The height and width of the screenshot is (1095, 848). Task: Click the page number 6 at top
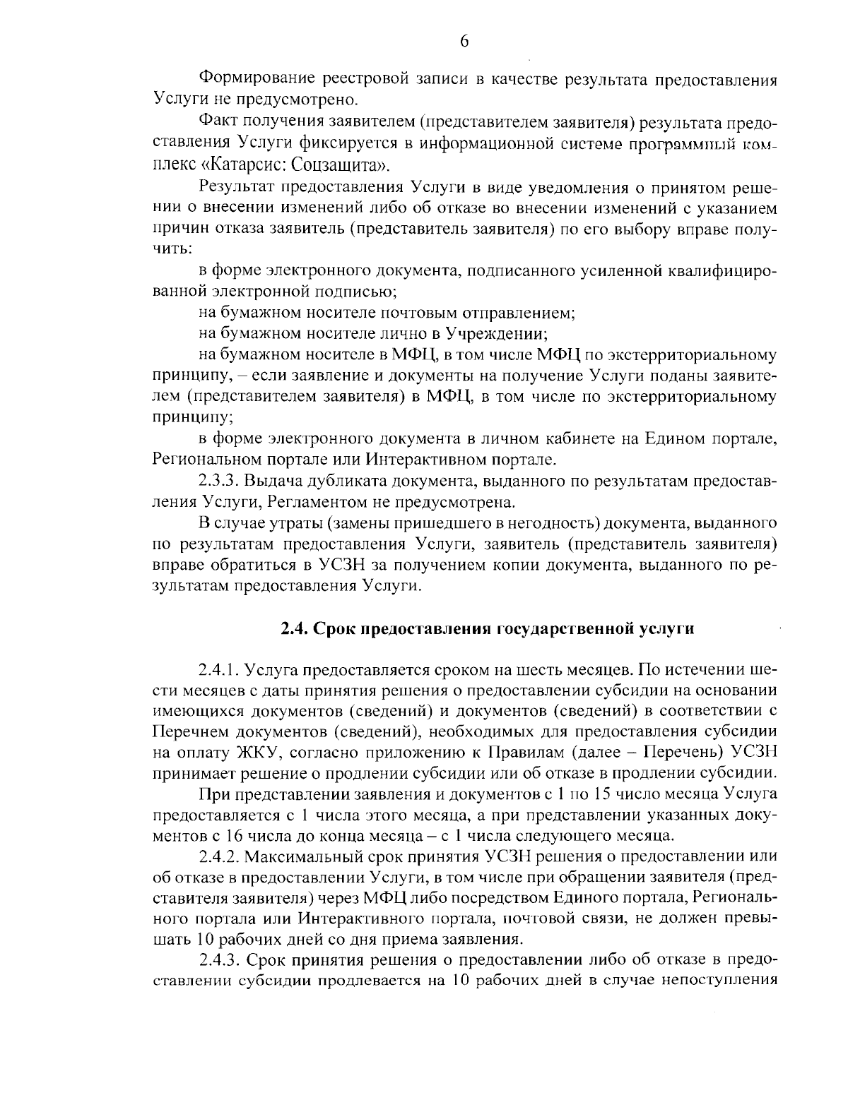[464, 41]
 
